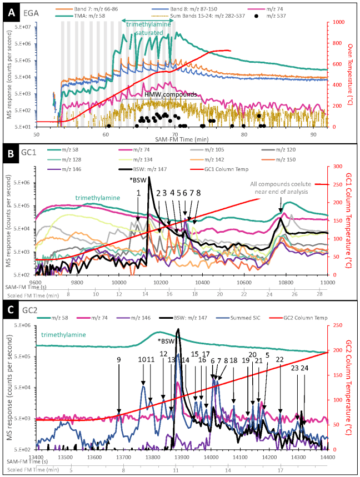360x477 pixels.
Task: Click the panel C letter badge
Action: point(11,312)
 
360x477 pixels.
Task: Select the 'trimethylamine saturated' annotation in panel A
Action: point(148,29)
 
